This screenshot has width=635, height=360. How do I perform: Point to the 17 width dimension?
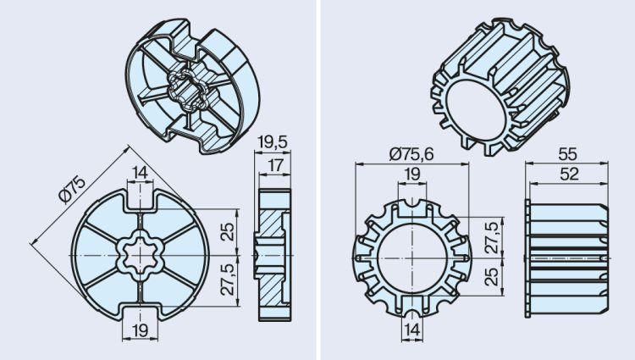tap(273, 164)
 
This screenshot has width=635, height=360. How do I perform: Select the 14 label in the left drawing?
tap(139, 172)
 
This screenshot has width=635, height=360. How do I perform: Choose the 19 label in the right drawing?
tap(411, 174)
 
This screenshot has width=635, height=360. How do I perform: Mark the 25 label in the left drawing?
tap(227, 231)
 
